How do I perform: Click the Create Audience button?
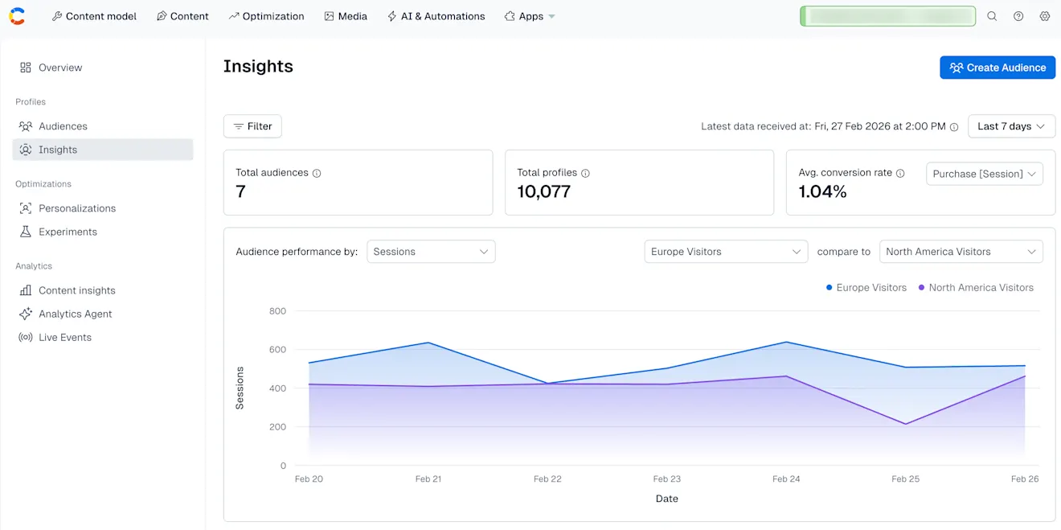pos(998,68)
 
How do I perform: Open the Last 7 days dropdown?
pos(1011,126)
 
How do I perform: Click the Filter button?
pos(252,126)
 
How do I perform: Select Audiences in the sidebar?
pos(63,126)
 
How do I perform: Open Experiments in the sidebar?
pos(68,232)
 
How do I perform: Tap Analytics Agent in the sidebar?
pos(75,314)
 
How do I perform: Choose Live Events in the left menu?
pos(65,337)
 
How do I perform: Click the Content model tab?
pos(94,16)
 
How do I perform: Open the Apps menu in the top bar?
pos(530,16)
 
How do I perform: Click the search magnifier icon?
pos(992,16)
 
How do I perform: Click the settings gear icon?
pos(1045,16)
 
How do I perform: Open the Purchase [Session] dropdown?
pos(985,174)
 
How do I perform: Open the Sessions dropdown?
pos(431,252)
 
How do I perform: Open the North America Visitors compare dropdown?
pos(961,252)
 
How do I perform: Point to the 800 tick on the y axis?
pos(277,311)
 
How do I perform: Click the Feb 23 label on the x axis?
pos(666,479)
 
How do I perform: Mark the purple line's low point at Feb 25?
pos(906,424)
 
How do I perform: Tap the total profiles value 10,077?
pos(543,191)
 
